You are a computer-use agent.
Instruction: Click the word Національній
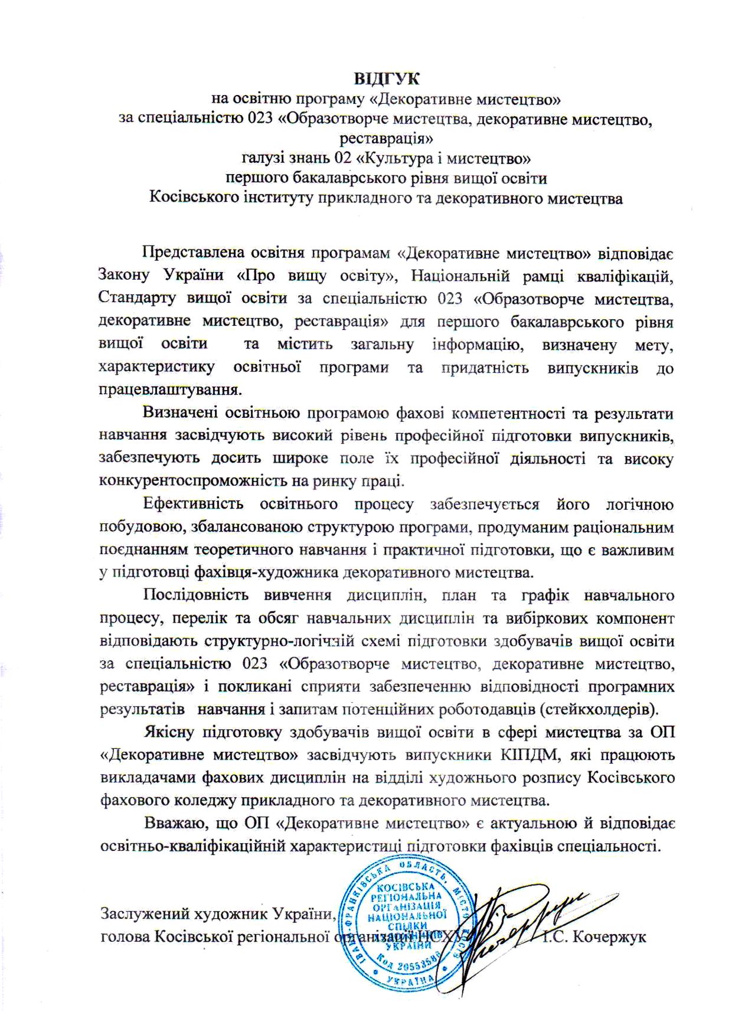click(479, 276)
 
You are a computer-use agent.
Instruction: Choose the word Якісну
click(169, 732)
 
